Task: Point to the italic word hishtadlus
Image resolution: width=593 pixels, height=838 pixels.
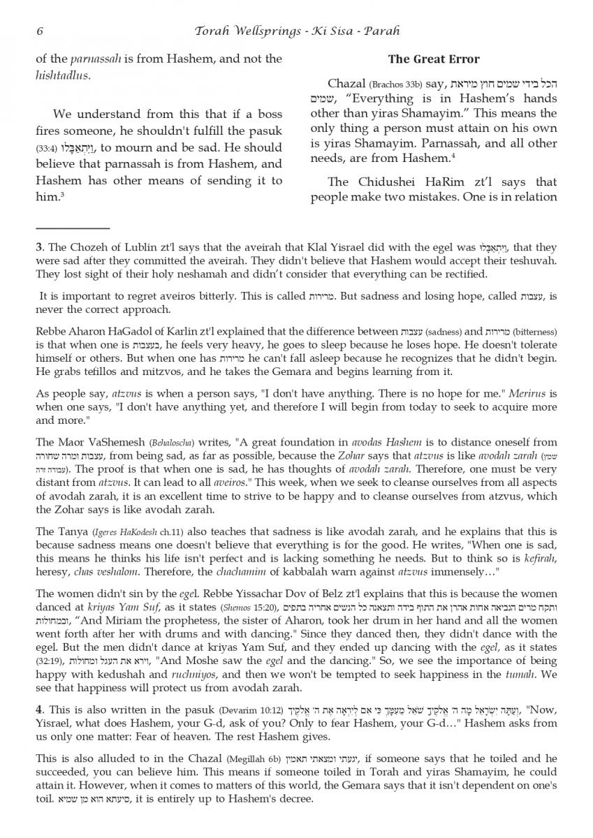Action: click(62, 75)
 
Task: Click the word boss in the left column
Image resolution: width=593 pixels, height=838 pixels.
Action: click(266, 114)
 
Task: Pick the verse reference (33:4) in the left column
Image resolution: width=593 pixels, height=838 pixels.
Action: click(47, 149)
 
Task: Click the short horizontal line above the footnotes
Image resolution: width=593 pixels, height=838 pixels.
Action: click(73, 228)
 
